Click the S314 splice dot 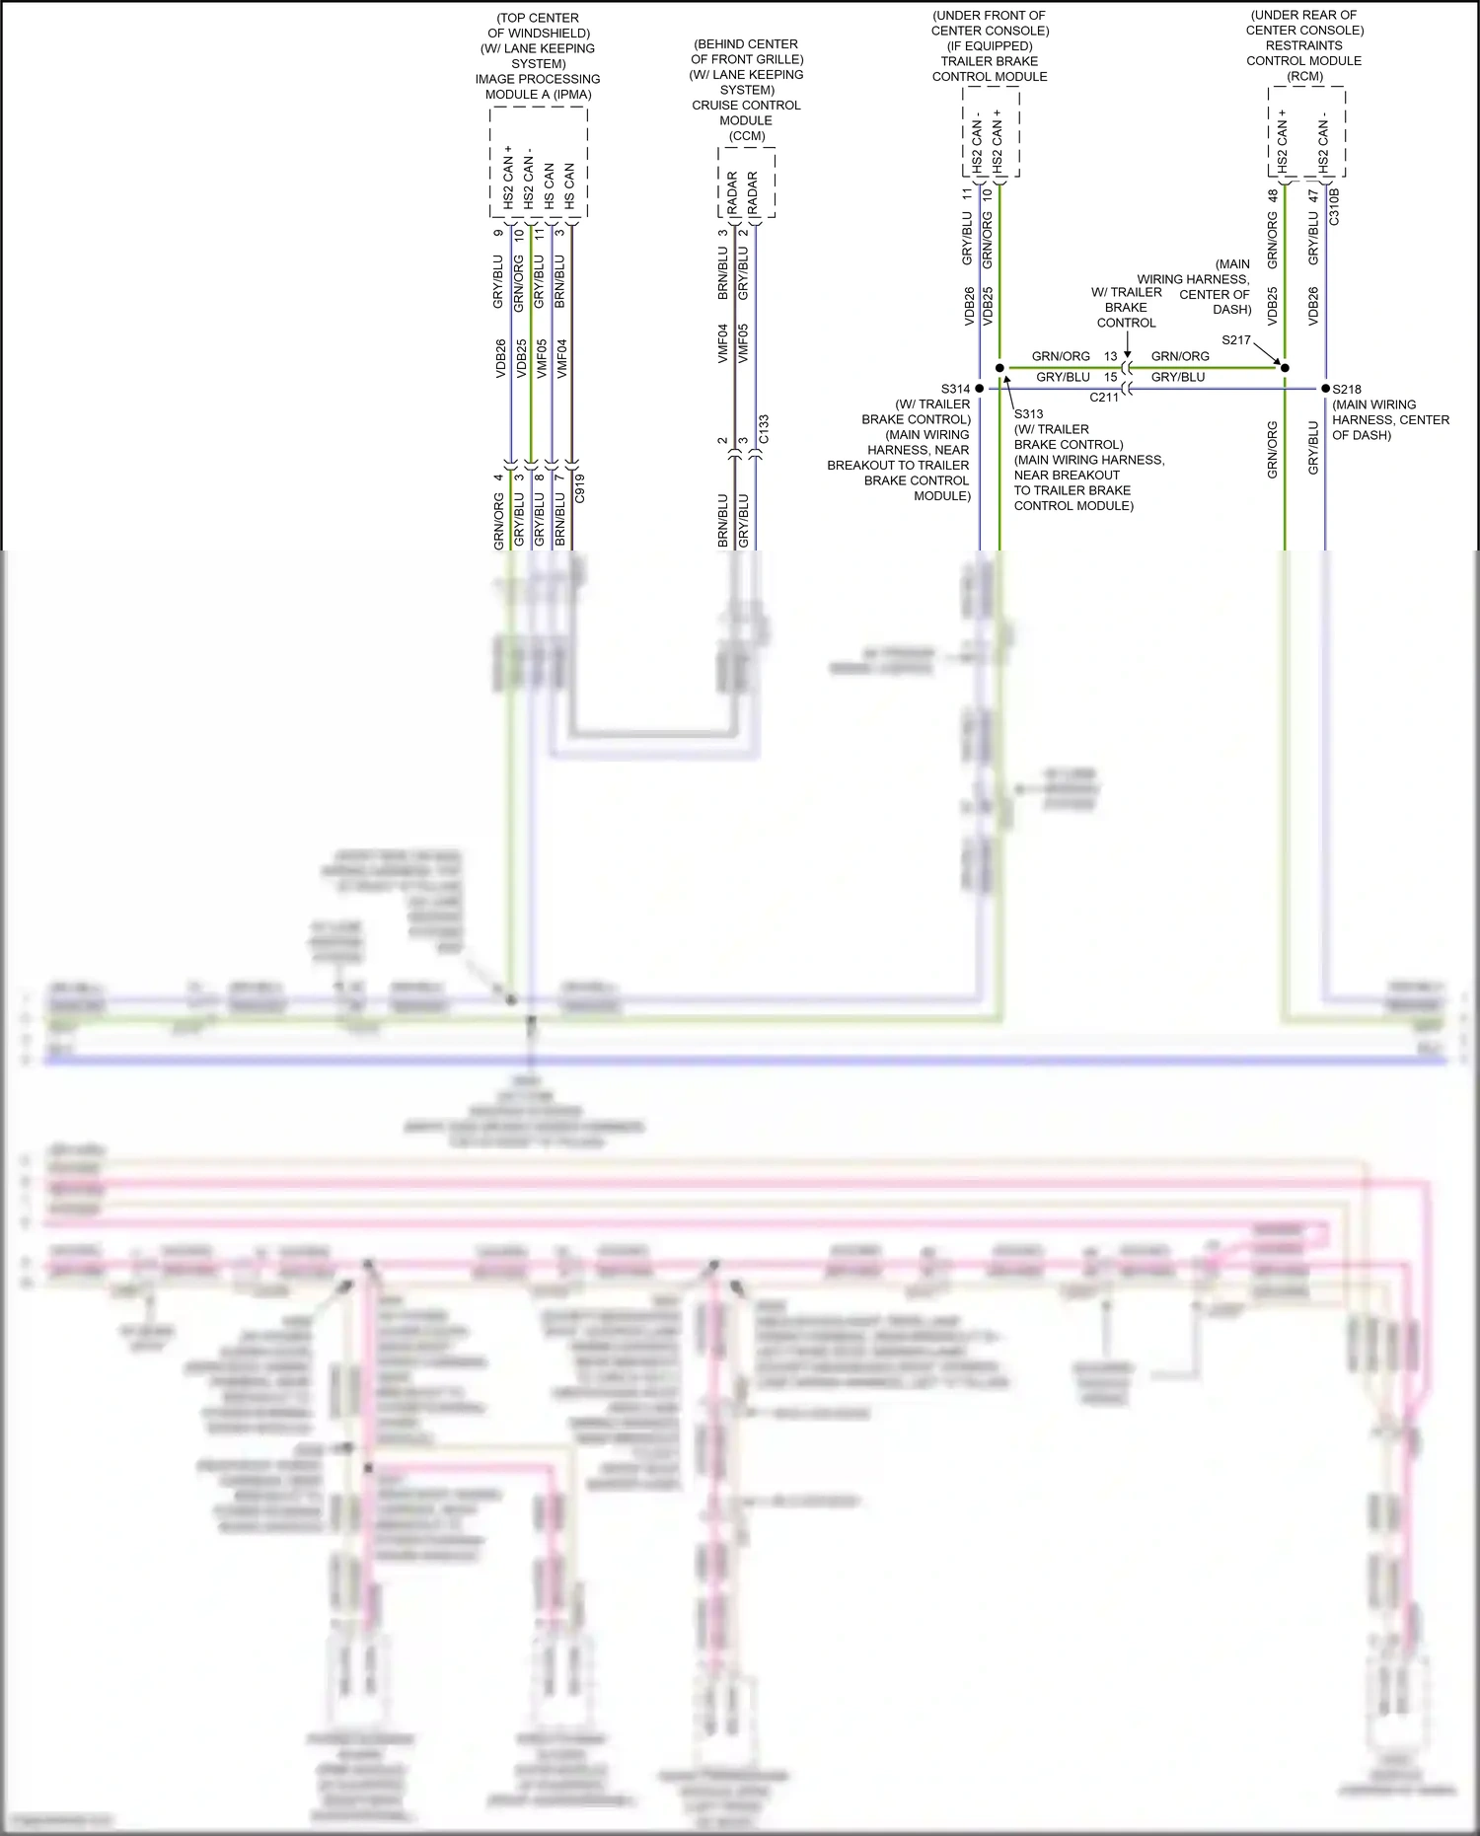tap(979, 389)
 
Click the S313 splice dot tap(999, 368)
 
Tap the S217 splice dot tap(1285, 368)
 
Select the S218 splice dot tap(1325, 389)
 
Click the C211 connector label tap(1104, 398)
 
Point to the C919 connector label tap(580, 488)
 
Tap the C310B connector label tap(1334, 207)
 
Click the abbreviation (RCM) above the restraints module tap(1304, 76)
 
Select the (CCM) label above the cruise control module tap(747, 136)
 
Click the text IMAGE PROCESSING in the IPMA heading tap(538, 79)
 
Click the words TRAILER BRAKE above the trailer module tap(989, 61)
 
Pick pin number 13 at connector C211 tap(1111, 356)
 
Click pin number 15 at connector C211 tap(1111, 377)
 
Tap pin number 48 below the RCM tap(1273, 196)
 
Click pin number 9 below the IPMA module tap(498, 234)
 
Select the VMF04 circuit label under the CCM tap(722, 343)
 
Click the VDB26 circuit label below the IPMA tap(500, 358)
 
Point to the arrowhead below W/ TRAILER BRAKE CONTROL tap(1127, 353)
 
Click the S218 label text tap(1347, 389)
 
